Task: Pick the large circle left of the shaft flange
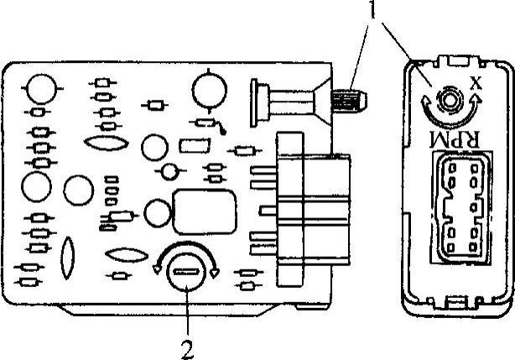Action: (206, 89)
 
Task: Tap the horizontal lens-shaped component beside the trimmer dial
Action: (125, 253)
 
